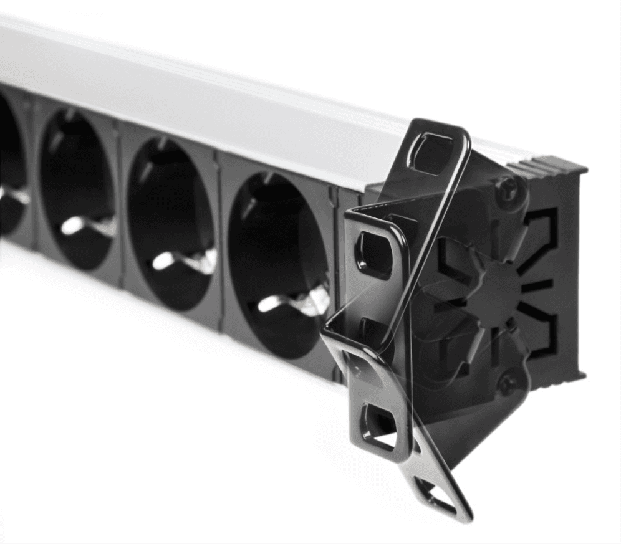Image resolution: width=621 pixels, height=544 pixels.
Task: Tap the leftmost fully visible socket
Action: pos(78,187)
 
